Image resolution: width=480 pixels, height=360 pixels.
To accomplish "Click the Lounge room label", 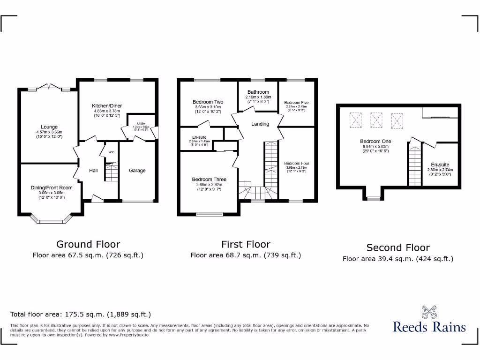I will pos(49,127).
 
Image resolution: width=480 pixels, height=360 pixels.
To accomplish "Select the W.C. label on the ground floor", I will pos(112,152).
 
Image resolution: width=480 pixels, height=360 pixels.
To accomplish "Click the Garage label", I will pos(137,171).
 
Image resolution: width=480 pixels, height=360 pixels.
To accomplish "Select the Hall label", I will pos(93,171).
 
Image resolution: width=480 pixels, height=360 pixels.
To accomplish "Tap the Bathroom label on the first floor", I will pos(258,92).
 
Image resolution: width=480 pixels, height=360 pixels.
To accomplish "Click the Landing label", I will pos(260,124).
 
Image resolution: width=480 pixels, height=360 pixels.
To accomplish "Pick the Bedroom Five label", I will pos(296,103).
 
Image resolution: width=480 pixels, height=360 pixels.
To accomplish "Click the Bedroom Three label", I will pos(209,179).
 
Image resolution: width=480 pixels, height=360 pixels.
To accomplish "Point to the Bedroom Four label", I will pos(297,164).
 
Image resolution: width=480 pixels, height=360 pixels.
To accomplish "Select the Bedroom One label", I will pos(375,141).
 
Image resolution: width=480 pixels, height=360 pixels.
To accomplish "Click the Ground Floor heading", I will pos(88,244).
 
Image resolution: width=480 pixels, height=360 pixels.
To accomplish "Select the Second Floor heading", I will pos(398,247).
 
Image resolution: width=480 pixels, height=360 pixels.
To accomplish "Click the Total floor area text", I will pos(81,315).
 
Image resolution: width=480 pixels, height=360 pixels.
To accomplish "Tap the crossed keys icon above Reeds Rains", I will pos(429,312).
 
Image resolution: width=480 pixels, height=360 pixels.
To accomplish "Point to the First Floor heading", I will pos(246,244).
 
